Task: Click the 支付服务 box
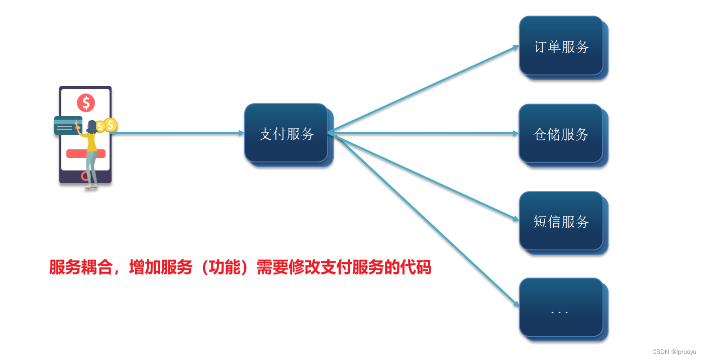point(286,133)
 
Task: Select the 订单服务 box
point(561,46)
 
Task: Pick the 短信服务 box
point(561,221)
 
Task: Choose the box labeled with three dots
point(561,308)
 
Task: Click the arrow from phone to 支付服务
point(176,133)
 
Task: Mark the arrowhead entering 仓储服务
point(516,134)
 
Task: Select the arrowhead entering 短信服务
point(516,219)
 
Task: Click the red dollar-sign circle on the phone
point(86,103)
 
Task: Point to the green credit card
point(66,126)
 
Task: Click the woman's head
point(92,126)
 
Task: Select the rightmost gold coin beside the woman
point(111,125)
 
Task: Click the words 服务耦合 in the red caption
point(81,267)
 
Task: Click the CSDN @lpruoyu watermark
point(674,352)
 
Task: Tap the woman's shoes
point(91,186)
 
